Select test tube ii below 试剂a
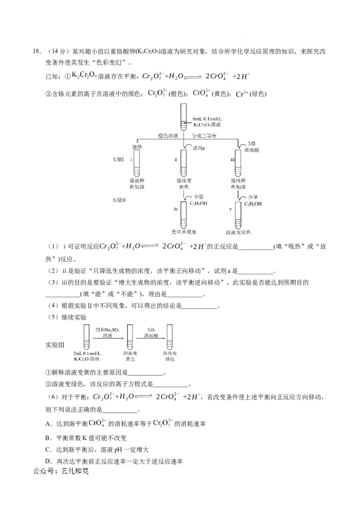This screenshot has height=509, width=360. [183, 164]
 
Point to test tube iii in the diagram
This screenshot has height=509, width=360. [238, 164]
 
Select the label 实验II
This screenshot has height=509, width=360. [120, 200]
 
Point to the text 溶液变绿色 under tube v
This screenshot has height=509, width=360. [238, 232]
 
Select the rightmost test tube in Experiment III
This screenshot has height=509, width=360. [169, 338]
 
